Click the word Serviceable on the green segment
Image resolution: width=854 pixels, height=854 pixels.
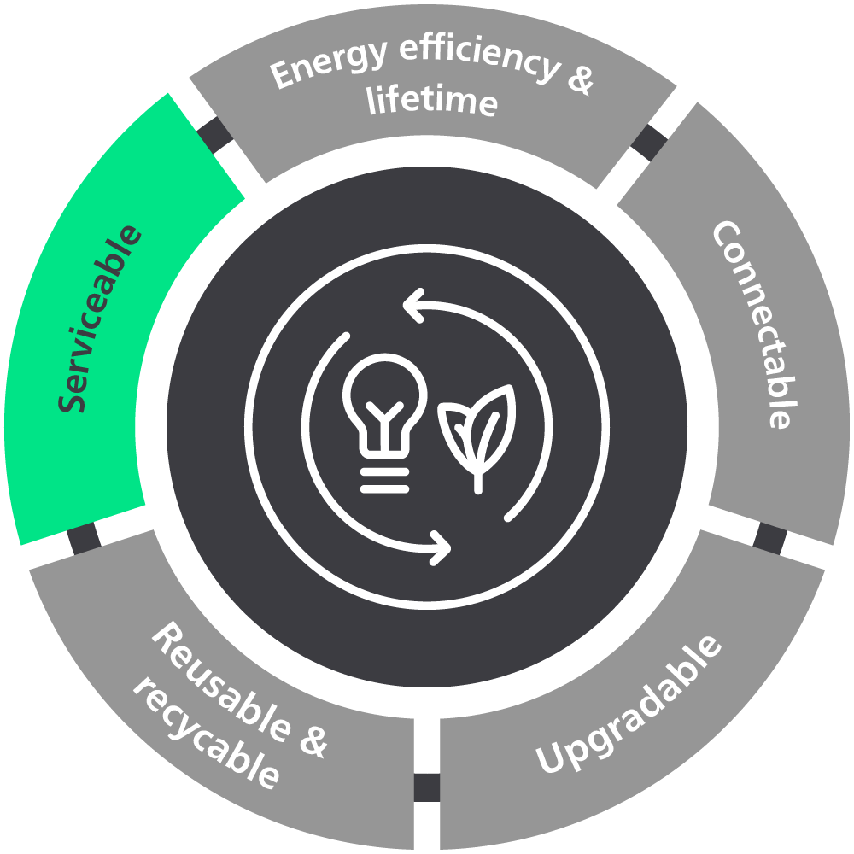(100, 319)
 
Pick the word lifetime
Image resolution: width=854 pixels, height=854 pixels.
(432, 101)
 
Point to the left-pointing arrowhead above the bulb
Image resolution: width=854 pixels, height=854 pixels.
(415, 306)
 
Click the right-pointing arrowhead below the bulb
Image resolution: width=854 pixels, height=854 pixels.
(439, 545)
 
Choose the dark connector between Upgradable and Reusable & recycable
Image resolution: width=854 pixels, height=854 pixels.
(426, 787)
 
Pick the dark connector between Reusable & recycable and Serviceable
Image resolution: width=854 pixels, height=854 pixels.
(84, 539)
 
